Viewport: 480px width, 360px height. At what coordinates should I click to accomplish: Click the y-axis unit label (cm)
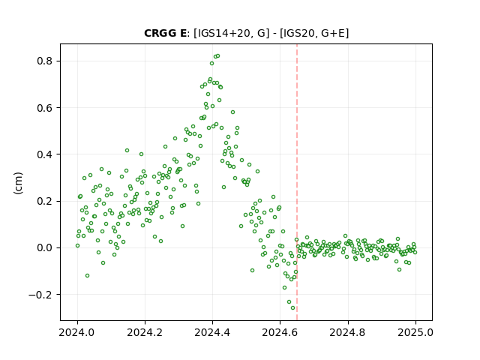[x=18, y=183]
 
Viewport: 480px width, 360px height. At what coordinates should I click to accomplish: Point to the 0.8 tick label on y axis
[x=44, y=61]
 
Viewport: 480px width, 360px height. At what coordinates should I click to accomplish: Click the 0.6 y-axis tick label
[x=44, y=108]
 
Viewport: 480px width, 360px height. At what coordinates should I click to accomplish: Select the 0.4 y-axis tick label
[x=44, y=154]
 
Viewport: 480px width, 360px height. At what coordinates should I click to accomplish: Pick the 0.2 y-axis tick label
[x=44, y=201]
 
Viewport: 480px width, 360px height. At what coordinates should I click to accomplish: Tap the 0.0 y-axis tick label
[x=44, y=247]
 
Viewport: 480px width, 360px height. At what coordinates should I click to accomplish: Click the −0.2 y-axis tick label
[x=40, y=295]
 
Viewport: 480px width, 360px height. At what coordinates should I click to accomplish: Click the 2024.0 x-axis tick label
[x=77, y=332]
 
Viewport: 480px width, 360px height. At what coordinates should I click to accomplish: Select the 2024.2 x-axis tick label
[x=145, y=332]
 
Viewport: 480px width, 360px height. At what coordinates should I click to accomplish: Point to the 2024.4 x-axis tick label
[x=212, y=332]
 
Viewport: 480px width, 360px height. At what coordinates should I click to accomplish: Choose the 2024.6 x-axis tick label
[x=280, y=332]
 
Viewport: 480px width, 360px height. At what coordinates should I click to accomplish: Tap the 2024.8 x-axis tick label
[x=348, y=332]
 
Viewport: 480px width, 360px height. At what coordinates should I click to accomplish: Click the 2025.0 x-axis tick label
[x=415, y=332]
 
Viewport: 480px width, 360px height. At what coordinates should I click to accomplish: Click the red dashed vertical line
[x=297, y=182]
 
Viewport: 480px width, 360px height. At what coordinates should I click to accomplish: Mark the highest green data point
[x=217, y=55]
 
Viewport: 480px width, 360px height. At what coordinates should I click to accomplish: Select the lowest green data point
[x=292, y=307]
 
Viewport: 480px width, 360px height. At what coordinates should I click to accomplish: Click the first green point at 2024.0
[x=77, y=245]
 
